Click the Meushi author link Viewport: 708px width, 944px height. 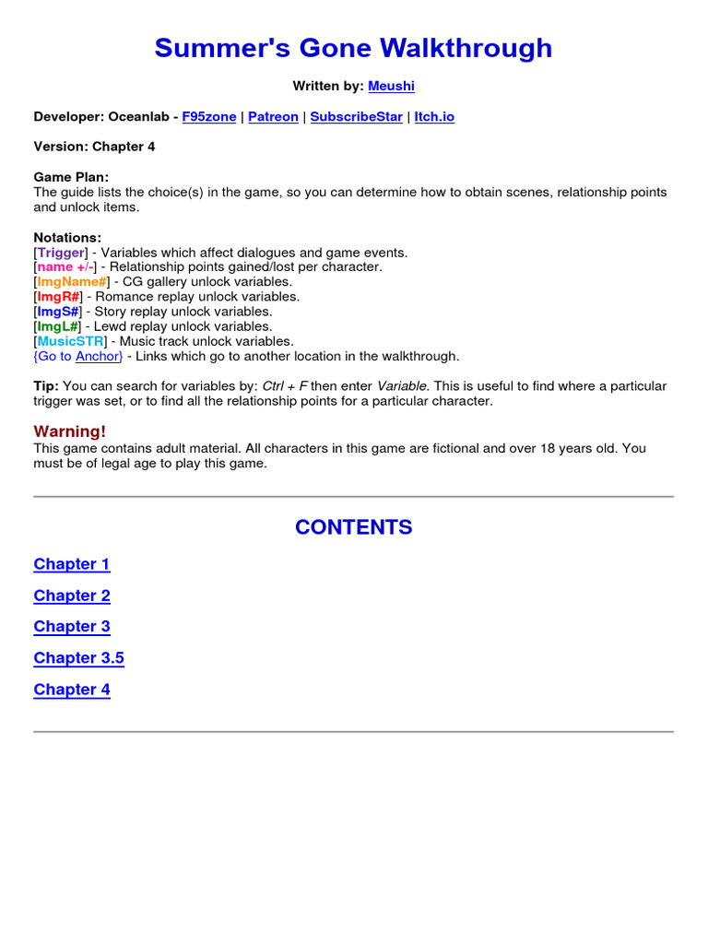391,86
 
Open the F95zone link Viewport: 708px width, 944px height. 209,117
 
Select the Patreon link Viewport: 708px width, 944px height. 273,117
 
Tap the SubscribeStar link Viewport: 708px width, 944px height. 356,117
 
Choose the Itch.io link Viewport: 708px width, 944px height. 434,117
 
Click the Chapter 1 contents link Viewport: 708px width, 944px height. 72,564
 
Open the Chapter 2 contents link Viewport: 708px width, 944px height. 72,596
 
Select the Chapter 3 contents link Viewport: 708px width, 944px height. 72,627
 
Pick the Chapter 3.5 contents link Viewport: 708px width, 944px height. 78,658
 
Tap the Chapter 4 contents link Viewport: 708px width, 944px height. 72,690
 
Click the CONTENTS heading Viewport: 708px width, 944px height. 354,527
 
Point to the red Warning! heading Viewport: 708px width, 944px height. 70,431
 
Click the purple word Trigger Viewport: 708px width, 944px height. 62,253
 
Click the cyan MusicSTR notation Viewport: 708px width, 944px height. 71,341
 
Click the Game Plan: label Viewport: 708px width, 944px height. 71,177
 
